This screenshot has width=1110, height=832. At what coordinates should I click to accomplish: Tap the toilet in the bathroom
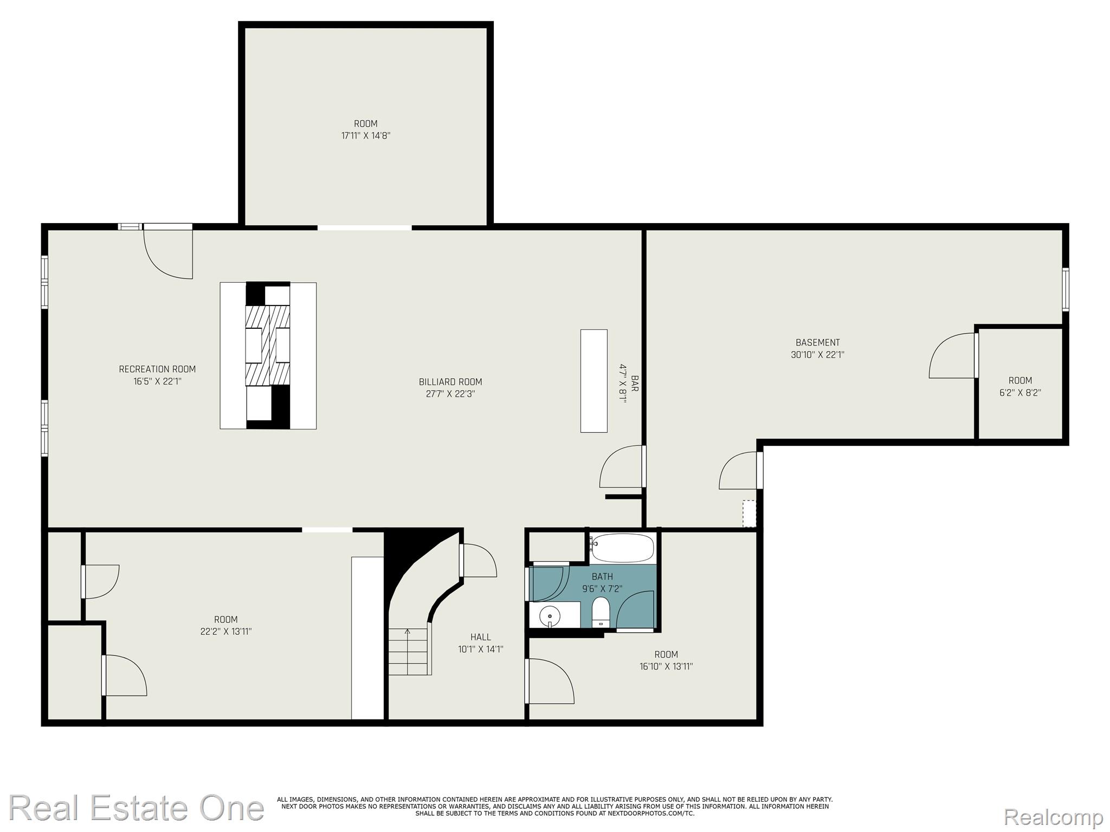tap(601, 612)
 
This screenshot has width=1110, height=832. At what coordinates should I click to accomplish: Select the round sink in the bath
tap(551, 615)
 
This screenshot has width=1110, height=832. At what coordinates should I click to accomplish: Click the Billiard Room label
tap(450, 382)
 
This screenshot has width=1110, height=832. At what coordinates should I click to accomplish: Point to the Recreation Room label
tap(157, 369)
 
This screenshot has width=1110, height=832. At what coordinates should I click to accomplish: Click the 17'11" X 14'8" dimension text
tap(365, 136)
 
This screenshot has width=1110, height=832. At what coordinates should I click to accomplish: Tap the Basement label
tap(817, 342)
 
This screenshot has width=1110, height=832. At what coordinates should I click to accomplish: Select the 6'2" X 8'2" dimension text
tap(1020, 393)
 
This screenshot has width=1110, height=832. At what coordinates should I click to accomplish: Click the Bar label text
tap(635, 383)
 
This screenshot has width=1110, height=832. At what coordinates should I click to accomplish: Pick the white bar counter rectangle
tap(593, 381)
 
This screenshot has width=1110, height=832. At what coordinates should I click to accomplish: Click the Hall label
tap(480, 637)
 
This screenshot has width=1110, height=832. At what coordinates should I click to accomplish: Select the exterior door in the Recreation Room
tap(169, 252)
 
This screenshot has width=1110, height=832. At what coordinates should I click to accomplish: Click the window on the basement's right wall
tap(1065, 289)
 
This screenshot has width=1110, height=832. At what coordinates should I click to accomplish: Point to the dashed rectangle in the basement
tap(748, 513)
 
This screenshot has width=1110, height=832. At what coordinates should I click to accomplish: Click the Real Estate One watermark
tap(135, 808)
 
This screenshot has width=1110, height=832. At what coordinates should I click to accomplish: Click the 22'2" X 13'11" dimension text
tap(225, 632)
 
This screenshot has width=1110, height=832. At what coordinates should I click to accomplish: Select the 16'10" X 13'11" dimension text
tap(666, 667)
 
